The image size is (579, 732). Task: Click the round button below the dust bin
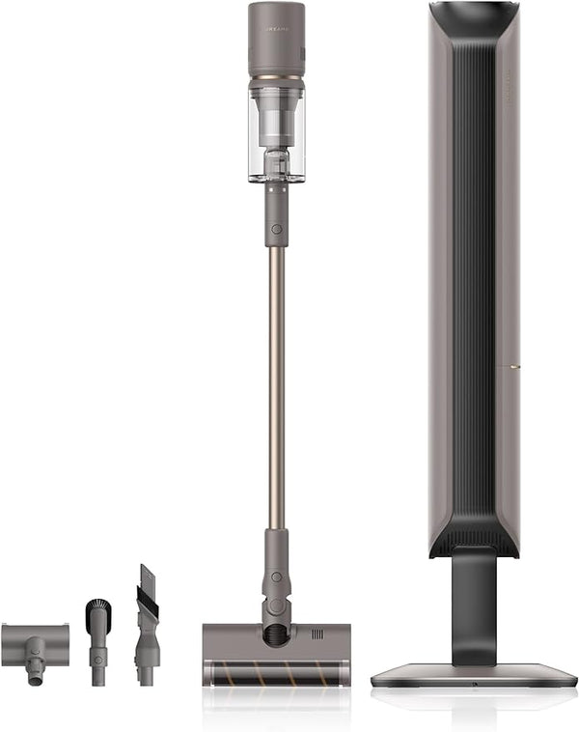point(277,229)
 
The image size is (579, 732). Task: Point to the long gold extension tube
point(276,386)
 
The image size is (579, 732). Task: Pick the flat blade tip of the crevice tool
point(147,579)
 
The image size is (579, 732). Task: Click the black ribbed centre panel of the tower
point(473,290)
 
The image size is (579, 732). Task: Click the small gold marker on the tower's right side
point(516,367)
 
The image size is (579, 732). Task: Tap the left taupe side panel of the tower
point(439,290)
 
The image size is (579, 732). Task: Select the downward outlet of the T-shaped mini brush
point(36,674)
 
